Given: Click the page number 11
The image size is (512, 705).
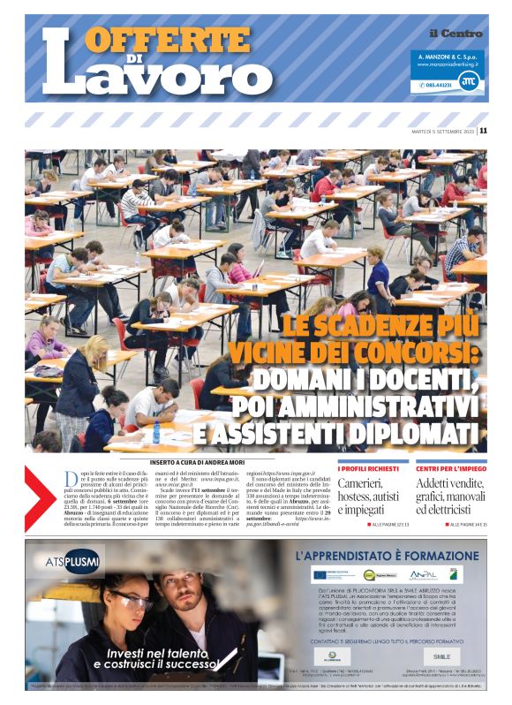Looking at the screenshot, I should (x=483, y=131).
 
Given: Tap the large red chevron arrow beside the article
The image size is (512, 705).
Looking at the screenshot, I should (x=41, y=499).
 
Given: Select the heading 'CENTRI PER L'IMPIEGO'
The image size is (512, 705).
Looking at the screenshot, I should (x=446, y=468).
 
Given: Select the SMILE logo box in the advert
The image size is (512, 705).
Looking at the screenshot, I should (x=441, y=656).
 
